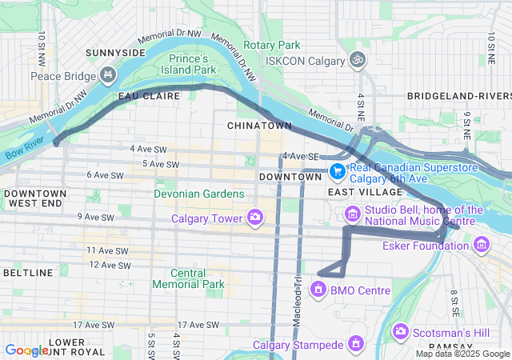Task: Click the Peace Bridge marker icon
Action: click(108, 75)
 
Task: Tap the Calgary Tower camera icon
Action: click(255, 217)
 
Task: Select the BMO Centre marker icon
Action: click(319, 290)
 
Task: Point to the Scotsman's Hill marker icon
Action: click(401, 330)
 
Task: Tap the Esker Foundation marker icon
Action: click(481, 245)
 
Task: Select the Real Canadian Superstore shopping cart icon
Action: click(338, 171)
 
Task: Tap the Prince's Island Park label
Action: click(189, 65)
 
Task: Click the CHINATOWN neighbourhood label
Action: click(259, 126)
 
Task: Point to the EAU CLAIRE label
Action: click(144, 96)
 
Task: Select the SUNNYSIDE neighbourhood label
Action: click(116, 53)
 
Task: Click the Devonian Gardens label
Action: click(200, 194)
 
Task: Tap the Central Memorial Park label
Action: click(188, 278)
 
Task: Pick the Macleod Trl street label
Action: click(296, 292)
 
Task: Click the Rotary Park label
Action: click(272, 46)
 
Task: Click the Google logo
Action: click(26, 350)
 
